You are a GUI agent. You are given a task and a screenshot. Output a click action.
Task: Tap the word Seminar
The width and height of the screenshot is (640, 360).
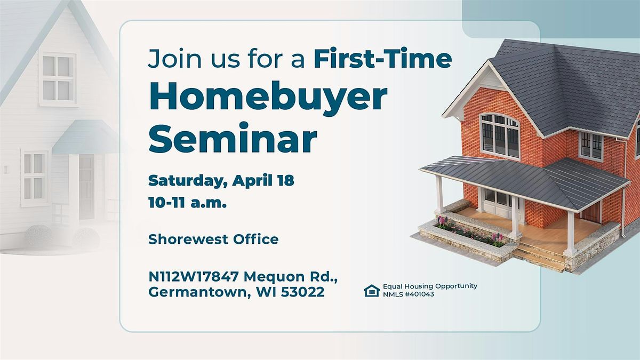coord(233,138)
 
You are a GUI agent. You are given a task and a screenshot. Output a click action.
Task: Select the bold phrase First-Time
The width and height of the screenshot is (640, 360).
coord(383,59)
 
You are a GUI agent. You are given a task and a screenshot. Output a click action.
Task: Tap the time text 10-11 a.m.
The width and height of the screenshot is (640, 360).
coord(187,203)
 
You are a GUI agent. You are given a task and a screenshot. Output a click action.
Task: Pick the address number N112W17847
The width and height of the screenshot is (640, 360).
coord(194,277)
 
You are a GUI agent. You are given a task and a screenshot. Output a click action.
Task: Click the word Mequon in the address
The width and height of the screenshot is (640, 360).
coord(271,277)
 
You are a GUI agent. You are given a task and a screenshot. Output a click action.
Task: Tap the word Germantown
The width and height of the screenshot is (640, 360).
coord(199,292)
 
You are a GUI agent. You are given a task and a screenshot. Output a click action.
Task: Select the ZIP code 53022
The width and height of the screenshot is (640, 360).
coord(302,292)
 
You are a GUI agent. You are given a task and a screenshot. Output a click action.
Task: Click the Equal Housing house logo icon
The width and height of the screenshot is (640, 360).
coord(372,291)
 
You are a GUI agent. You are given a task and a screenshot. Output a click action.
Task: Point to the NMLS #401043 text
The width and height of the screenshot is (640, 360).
coord(409,294)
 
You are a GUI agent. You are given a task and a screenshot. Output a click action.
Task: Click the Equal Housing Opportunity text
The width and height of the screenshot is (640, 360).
coord(430,286)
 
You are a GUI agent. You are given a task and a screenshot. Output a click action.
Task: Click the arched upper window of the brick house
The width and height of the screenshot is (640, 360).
coord(500,136)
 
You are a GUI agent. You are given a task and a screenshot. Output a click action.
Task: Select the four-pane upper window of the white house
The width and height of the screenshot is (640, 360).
coord(58,78)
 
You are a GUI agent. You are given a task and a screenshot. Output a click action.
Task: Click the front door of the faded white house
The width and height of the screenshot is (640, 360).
coord(86,187)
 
